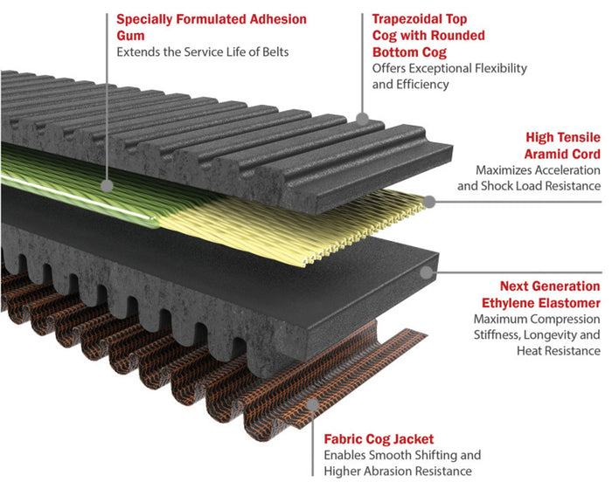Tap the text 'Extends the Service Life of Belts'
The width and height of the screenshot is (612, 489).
[x=202, y=52]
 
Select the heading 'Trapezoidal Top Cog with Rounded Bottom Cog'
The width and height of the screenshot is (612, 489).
[x=428, y=35]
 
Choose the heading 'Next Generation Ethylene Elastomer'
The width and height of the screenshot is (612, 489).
[x=537, y=294]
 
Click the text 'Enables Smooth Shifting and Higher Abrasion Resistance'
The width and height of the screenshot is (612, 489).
[x=403, y=464]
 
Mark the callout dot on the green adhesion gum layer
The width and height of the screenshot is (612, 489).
[x=106, y=185]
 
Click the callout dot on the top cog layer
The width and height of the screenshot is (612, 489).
[x=362, y=117]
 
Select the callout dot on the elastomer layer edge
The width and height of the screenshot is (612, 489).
[x=426, y=272]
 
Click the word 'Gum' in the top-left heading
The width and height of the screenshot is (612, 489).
[x=131, y=35]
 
